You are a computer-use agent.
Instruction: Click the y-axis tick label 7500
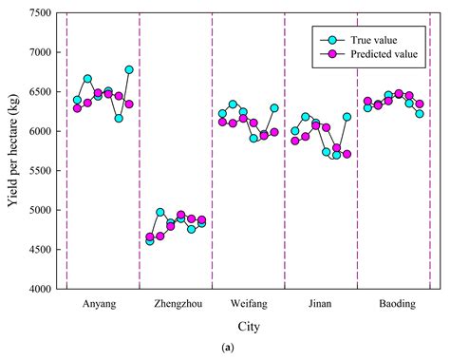[x=40, y=14]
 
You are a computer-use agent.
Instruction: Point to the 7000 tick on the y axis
[x=40, y=53]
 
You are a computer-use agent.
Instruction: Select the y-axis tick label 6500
[x=40, y=92]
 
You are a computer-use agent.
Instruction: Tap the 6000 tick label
[x=40, y=132]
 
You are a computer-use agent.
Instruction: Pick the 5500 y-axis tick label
[x=40, y=171]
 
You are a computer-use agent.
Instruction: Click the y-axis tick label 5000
[x=40, y=210]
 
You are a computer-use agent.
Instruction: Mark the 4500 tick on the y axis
[x=40, y=250]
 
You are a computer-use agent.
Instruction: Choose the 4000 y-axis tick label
[x=40, y=289]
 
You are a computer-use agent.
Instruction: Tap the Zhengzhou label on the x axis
[x=175, y=304]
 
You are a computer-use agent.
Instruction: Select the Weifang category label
[x=248, y=304]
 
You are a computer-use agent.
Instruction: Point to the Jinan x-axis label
[x=320, y=304]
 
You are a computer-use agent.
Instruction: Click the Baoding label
[x=393, y=304]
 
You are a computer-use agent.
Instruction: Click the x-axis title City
[x=248, y=327]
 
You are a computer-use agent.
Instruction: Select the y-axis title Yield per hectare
[x=13, y=151]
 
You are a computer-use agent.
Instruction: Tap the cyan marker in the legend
[x=331, y=40]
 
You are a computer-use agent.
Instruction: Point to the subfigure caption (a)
[x=248, y=349]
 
